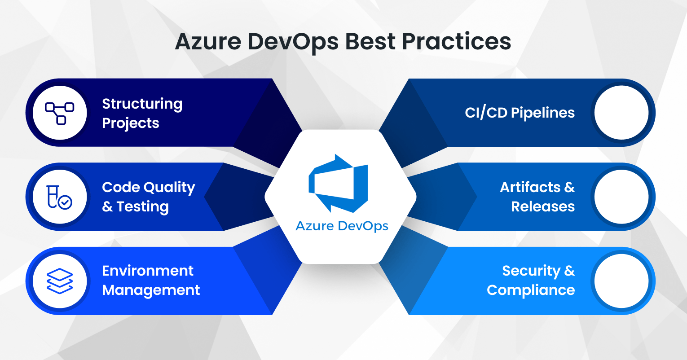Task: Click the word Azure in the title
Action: pyautogui.click(x=207, y=42)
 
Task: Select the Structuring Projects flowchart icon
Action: pyautogui.click(x=60, y=113)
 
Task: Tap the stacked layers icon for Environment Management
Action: pyautogui.click(x=60, y=281)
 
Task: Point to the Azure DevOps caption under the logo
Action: pyautogui.click(x=342, y=226)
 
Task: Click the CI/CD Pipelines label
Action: pyautogui.click(x=520, y=113)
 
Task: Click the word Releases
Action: pyautogui.click(x=543, y=206)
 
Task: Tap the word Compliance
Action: pyautogui.click(x=531, y=290)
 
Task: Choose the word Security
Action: pyautogui.click(x=531, y=271)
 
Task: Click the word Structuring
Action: pyautogui.click(x=142, y=104)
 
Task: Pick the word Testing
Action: pyautogui.click(x=142, y=207)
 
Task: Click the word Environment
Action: pyautogui.click(x=148, y=271)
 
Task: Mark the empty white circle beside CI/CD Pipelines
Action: pyautogui.click(x=621, y=113)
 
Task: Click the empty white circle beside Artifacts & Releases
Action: pyautogui.click(x=621, y=197)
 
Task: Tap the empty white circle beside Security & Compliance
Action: pyautogui.click(x=621, y=281)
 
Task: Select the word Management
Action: pyautogui.click(x=151, y=290)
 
